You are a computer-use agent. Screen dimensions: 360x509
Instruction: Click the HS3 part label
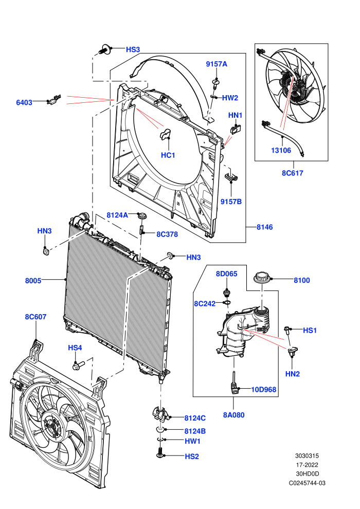[133, 49]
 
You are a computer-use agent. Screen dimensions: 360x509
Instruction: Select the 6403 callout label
[24, 103]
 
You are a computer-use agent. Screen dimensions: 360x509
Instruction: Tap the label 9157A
[217, 64]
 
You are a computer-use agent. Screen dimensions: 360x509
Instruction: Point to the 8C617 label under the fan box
[293, 173]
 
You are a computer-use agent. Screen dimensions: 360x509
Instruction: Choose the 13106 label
[281, 150]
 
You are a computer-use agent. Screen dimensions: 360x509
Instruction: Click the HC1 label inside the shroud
[168, 155]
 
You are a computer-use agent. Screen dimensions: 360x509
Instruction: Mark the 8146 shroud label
[264, 227]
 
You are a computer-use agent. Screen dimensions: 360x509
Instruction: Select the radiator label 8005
[33, 281]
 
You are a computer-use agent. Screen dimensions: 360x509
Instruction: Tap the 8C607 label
[35, 317]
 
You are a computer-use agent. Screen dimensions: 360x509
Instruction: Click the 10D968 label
[264, 389]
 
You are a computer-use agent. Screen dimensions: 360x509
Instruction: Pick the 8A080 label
[233, 415]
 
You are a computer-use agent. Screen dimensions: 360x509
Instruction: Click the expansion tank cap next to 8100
[262, 278]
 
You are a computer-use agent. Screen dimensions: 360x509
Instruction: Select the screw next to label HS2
[159, 452]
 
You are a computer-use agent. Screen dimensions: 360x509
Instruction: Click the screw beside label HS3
[104, 49]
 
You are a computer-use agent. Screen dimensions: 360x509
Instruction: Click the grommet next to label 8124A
[142, 215]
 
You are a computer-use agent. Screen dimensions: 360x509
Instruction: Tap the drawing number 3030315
[307, 456]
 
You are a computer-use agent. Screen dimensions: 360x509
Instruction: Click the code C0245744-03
[307, 483]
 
